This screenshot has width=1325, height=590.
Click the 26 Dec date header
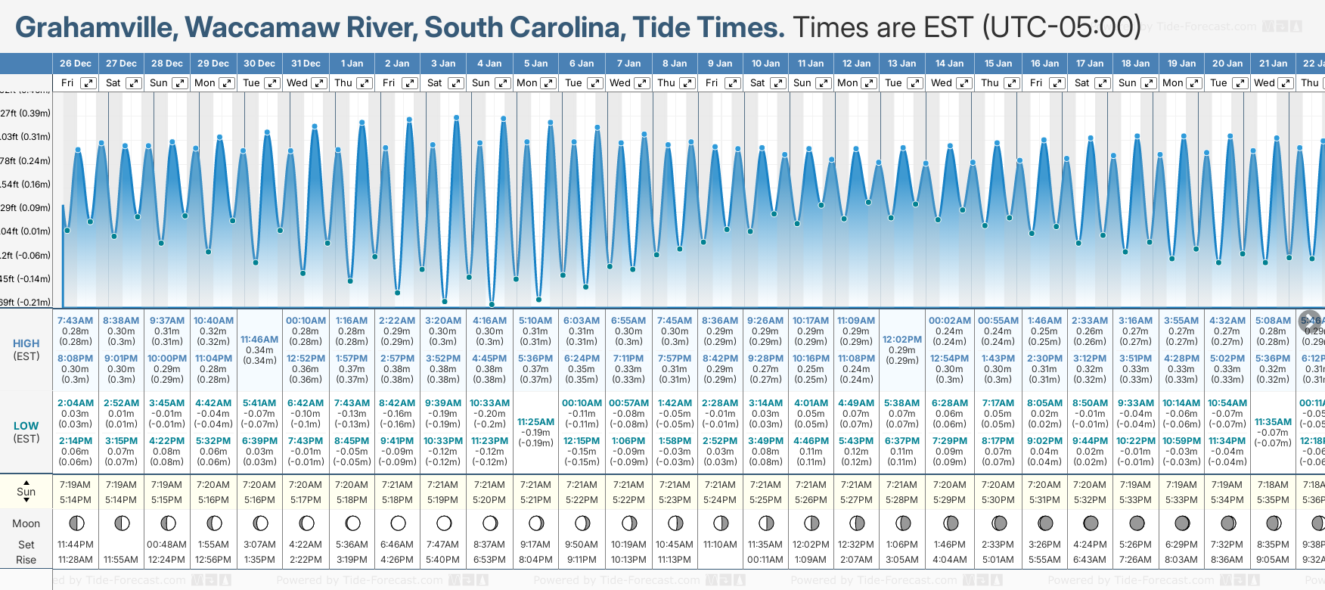pos(75,64)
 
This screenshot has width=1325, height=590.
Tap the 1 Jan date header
pos(352,64)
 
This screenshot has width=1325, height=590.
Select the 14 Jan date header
pos(949,64)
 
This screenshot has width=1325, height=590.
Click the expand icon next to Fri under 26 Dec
pos(88,83)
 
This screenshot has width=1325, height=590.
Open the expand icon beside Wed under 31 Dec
pos(319,83)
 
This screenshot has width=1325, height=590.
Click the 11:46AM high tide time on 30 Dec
pos(259,340)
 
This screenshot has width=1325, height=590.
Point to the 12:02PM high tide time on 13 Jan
pos(902,340)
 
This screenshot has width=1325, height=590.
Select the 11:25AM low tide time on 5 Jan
pos(535,422)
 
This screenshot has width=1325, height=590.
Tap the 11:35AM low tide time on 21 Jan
pos(1273,422)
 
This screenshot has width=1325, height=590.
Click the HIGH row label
pos(26,343)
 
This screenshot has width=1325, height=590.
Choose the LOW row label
pos(26,426)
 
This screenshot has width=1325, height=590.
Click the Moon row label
pos(26,523)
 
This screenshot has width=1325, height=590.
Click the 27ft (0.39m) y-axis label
pos(26,113)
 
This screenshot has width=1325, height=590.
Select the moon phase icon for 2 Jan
pos(398,523)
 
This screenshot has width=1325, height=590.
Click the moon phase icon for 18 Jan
pos(1136,523)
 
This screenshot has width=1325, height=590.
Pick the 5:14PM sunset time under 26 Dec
pos(75,500)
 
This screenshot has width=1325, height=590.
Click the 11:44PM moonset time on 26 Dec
pos(75,545)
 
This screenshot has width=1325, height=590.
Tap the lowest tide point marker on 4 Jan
pos(492,305)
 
